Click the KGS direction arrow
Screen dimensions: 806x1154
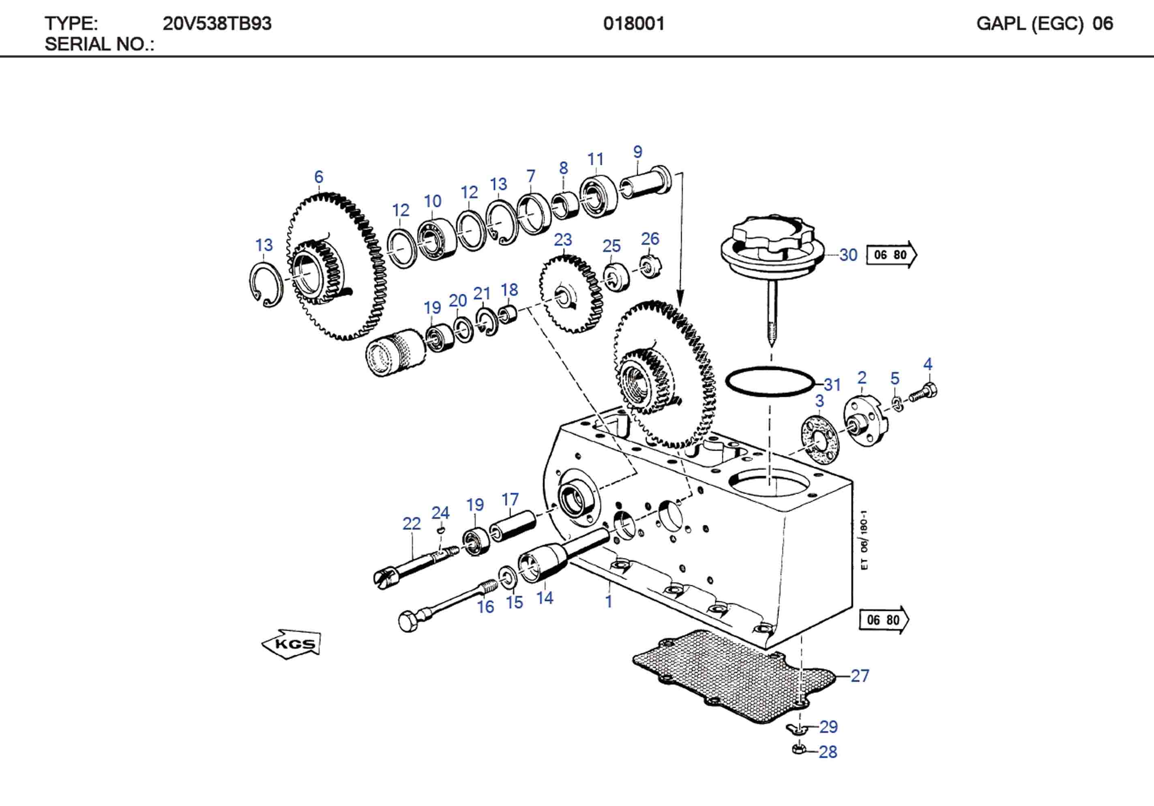pos(292,644)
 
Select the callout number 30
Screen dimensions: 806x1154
pos(848,255)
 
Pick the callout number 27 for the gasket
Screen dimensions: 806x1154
pos(860,676)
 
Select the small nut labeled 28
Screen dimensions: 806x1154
pos(799,749)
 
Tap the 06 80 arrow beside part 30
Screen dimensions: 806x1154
pos(891,255)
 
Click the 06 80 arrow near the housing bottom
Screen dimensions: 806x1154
pos(884,620)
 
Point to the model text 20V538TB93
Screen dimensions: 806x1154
pos(217,23)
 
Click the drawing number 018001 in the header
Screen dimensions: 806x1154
pos(633,23)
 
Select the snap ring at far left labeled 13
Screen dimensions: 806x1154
pos(265,284)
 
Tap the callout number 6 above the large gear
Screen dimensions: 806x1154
pos(319,177)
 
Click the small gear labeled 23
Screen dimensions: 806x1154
pos(571,294)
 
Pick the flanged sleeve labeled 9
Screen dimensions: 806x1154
pos(646,183)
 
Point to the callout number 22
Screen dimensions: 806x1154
pos(411,524)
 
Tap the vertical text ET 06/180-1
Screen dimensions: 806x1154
pos(864,540)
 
